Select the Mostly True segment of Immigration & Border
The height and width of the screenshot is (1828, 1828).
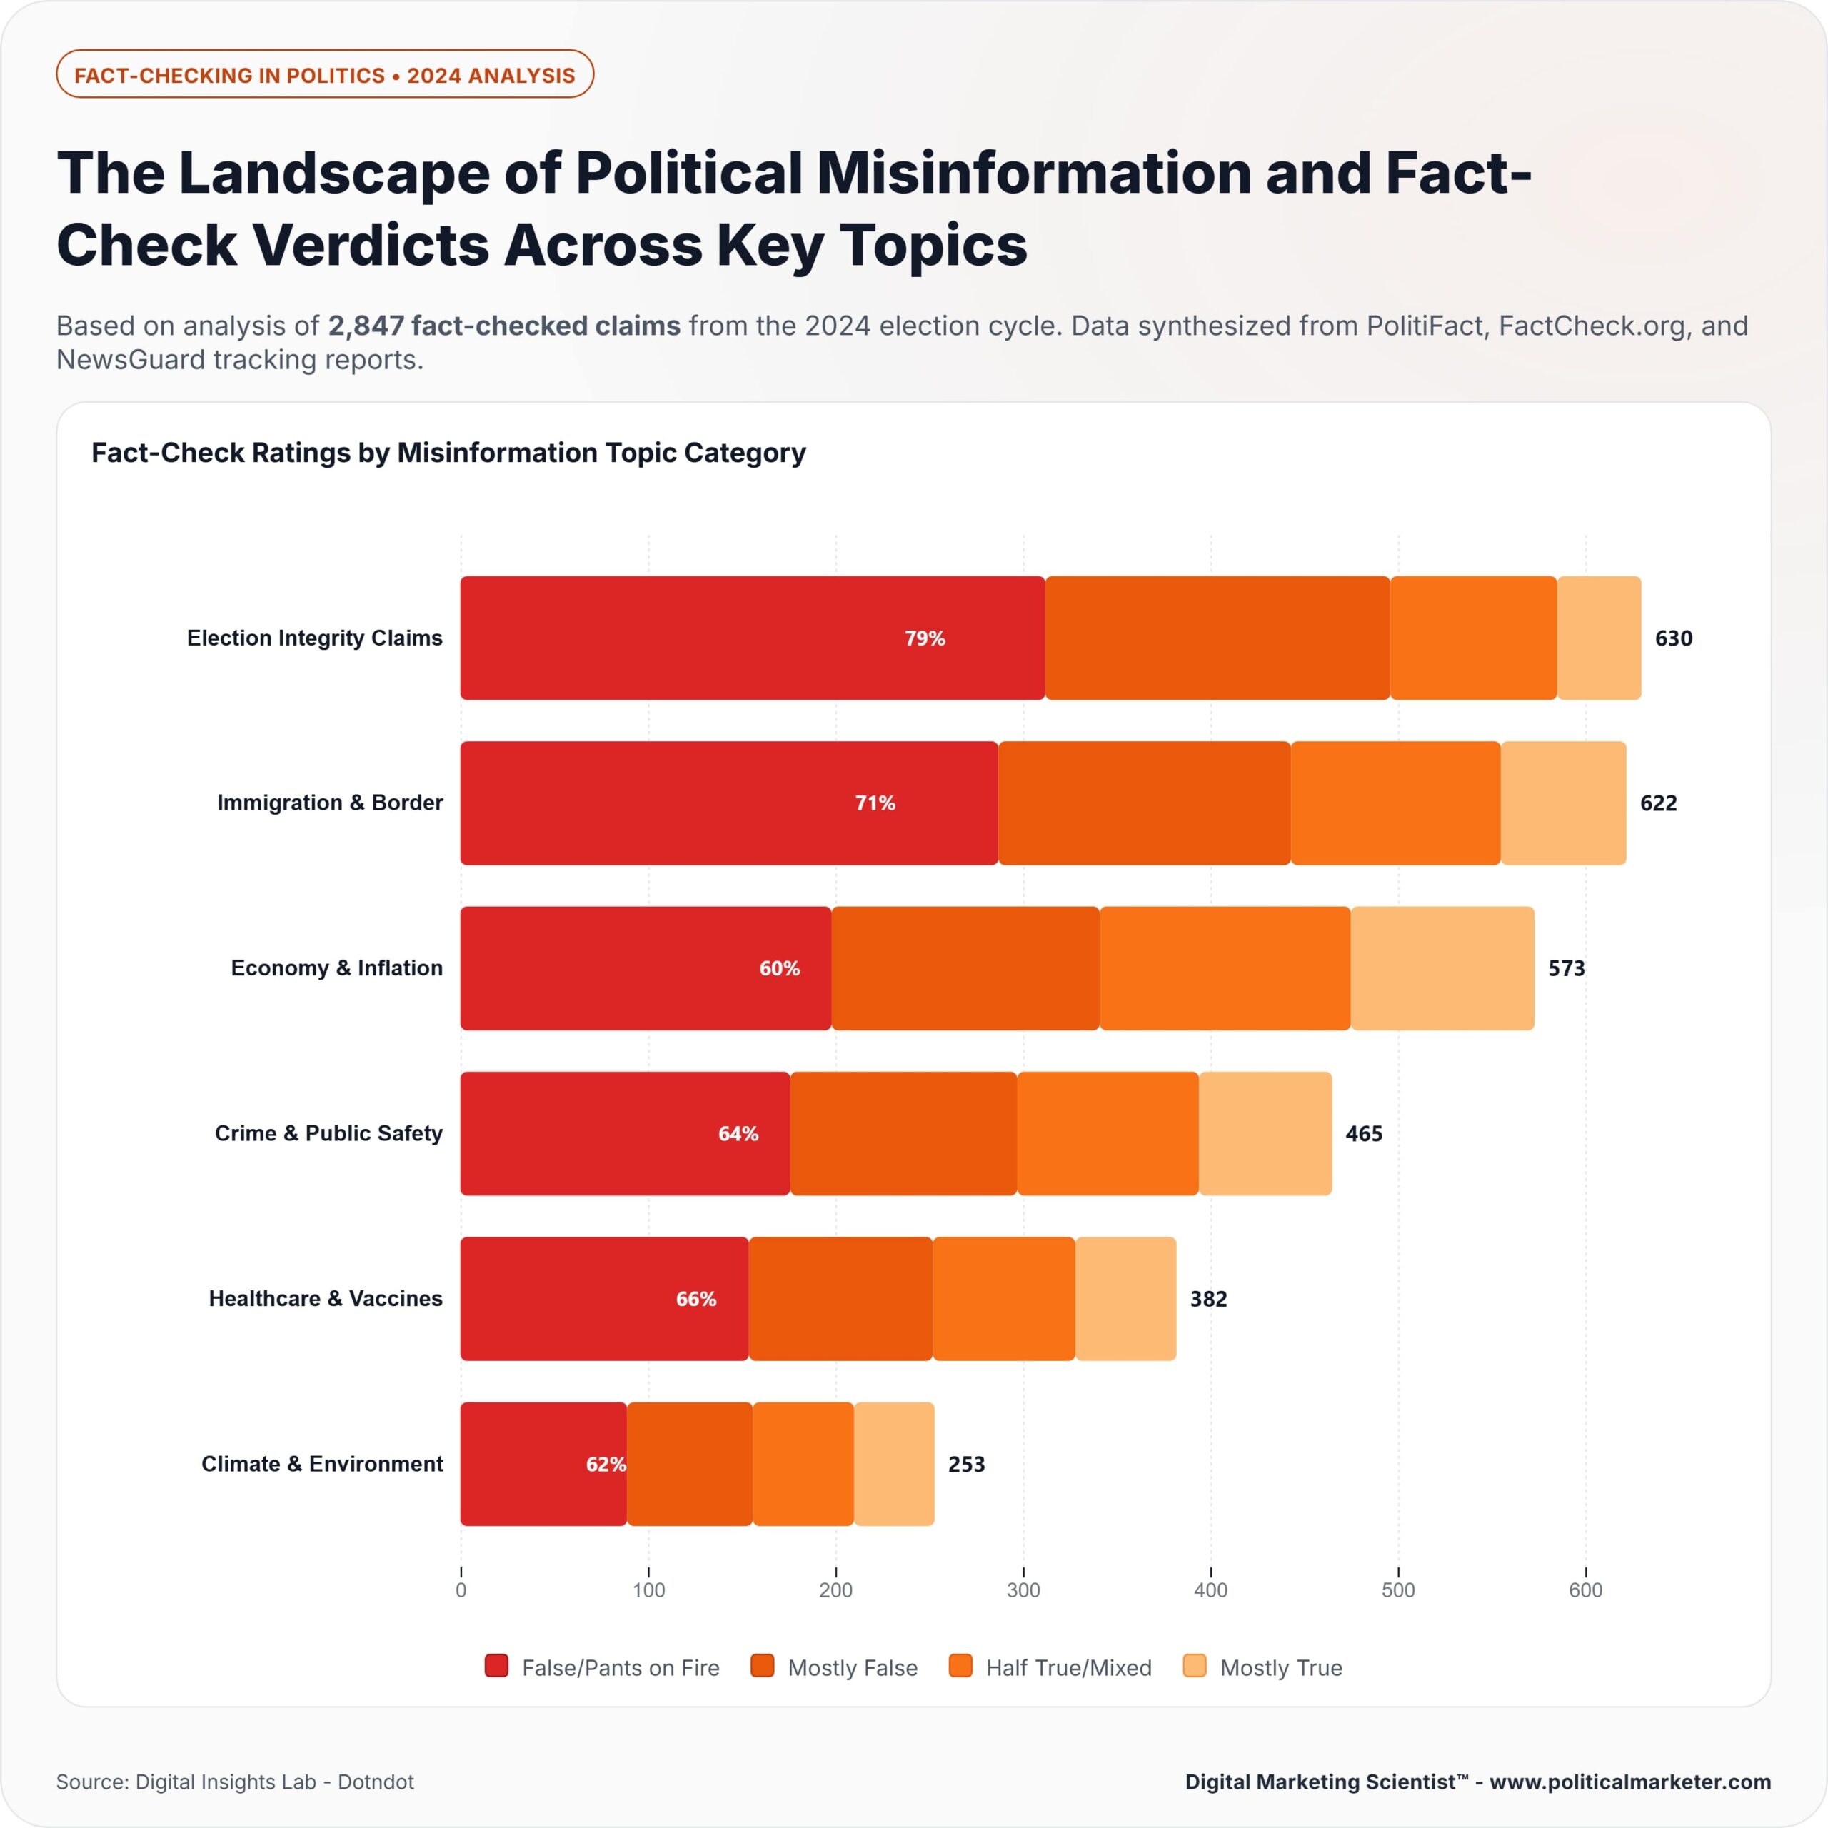pos(1563,803)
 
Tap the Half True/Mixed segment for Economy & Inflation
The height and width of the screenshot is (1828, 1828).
pos(1225,968)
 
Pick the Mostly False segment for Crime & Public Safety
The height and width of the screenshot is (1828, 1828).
pos(903,1133)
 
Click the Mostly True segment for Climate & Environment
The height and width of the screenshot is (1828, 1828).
pos(894,1464)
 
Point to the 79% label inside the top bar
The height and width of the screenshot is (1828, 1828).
pos(925,638)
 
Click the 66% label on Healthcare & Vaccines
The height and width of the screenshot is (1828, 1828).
pos(695,1299)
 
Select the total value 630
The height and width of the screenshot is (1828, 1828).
pos(1673,638)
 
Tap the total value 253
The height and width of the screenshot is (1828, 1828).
pos(966,1465)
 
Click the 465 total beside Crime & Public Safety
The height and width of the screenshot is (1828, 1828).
pos(1363,1133)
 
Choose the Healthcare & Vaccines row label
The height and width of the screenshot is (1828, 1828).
pos(326,1298)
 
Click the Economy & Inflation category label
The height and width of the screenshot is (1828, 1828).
pos(337,968)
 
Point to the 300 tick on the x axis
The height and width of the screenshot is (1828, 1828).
pos(1023,1590)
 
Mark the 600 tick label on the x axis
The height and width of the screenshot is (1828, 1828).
pos(1585,1590)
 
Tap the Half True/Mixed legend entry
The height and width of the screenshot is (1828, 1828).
pos(1068,1667)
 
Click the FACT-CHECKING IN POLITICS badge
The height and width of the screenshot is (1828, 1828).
pos(324,75)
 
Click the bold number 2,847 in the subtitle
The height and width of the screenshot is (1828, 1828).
pos(365,326)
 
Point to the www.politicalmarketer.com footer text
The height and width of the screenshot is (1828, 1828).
pos(1629,1782)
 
